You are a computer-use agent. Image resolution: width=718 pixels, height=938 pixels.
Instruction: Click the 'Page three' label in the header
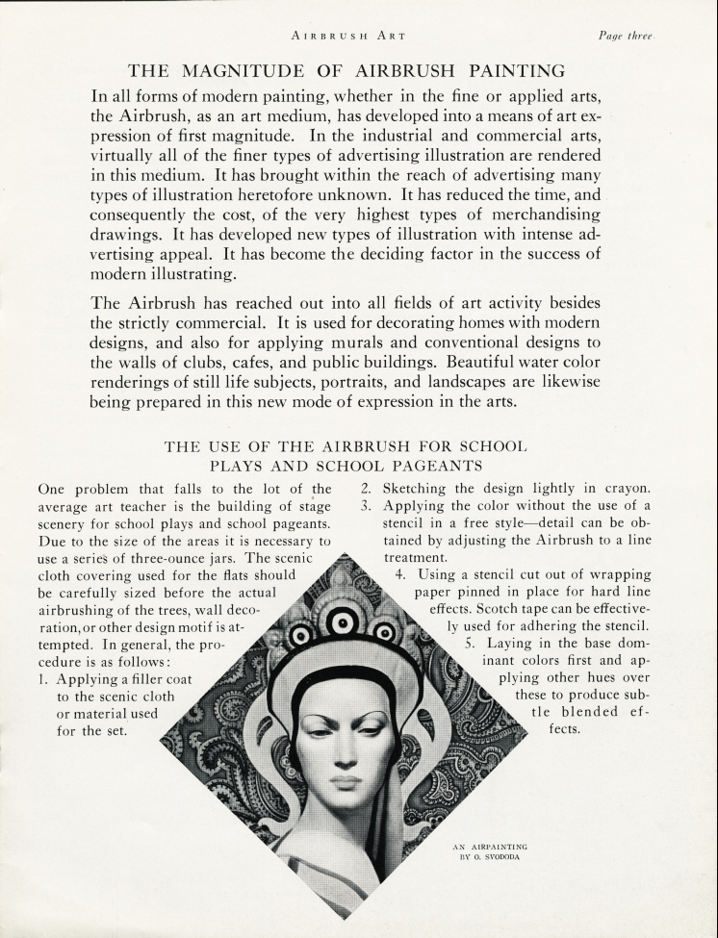click(626, 36)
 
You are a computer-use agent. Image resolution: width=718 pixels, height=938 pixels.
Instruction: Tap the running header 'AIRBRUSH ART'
click(347, 36)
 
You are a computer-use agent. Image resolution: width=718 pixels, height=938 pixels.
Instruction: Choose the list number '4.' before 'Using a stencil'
click(401, 574)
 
